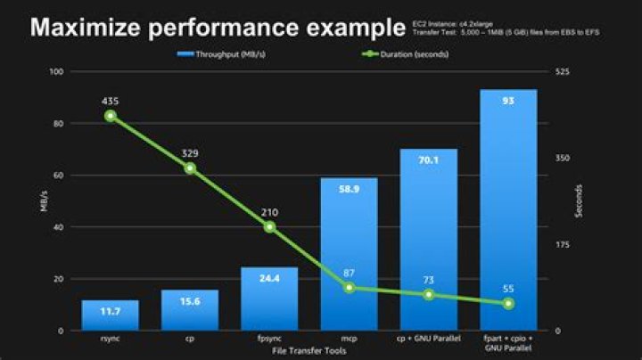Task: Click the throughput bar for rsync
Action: point(110,315)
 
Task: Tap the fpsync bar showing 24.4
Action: point(269,299)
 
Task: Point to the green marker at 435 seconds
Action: point(111,116)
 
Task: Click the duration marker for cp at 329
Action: point(190,168)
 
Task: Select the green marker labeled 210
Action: point(269,227)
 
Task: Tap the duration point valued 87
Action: point(349,287)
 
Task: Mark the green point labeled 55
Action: point(508,304)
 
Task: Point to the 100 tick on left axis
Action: point(57,71)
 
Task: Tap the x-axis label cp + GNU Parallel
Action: point(428,340)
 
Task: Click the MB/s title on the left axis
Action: point(42,201)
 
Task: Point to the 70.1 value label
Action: point(428,160)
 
